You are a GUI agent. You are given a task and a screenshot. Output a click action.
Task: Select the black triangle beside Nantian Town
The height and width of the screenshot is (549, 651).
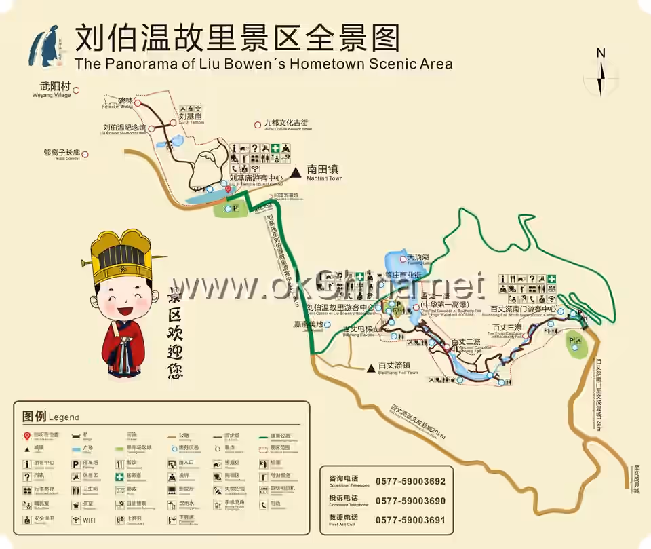pos(296,173)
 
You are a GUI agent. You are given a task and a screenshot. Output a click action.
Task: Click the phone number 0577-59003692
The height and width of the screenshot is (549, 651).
pos(410,482)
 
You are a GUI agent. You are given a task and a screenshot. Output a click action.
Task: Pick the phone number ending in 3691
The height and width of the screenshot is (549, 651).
pos(410,520)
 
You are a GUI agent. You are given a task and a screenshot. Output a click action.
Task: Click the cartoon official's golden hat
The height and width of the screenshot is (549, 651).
pos(122,258)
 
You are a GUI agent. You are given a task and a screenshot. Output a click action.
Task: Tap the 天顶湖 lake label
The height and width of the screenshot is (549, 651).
pos(418,258)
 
